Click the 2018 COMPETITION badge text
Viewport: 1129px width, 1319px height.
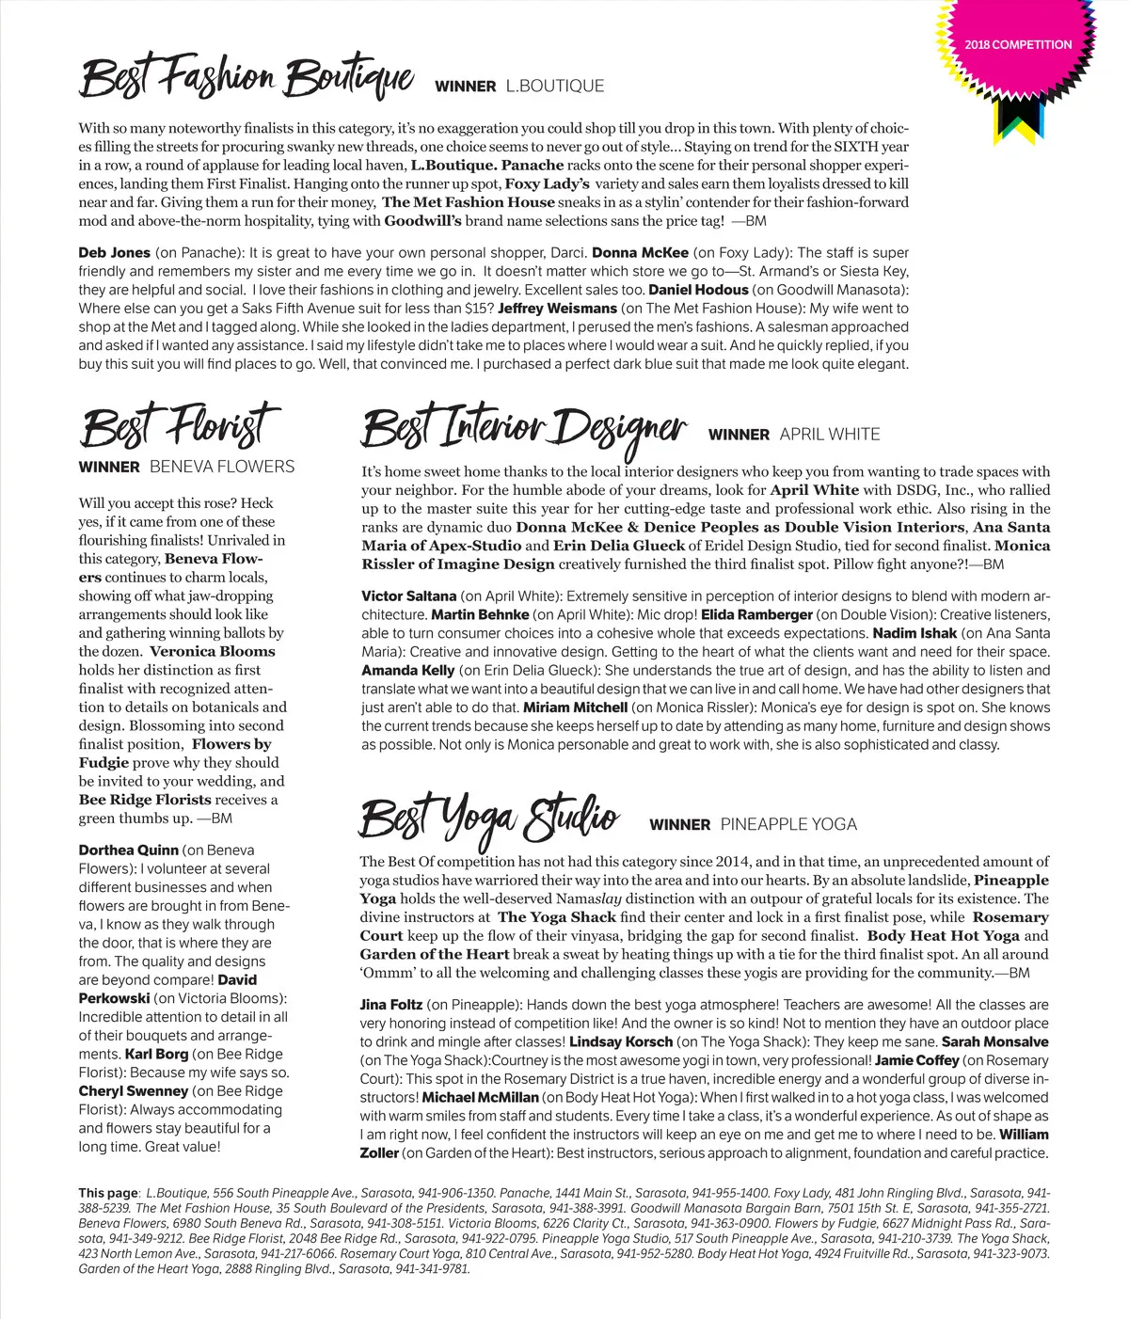[1018, 44]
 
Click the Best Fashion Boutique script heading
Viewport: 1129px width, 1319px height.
[246, 78]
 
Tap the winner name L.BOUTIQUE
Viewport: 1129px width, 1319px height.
[555, 86]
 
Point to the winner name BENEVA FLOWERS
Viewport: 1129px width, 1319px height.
[222, 467]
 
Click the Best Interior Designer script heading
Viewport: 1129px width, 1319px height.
[524, 428]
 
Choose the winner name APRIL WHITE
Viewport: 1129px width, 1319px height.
[830, 435]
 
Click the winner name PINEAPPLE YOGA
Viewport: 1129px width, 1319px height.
[788, 825]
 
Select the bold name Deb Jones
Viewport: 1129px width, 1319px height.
[114, 253]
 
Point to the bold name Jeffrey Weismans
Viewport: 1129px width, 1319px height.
[557, 309]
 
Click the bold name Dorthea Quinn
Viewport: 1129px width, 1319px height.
[128, 850]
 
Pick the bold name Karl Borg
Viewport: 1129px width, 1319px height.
[156, 1055]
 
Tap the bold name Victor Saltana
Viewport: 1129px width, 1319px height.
[408, 596]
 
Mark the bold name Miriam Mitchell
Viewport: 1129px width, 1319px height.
[575, 707]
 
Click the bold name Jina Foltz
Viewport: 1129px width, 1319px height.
[390, 1005]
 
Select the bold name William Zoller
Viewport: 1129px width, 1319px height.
[1024, 1135]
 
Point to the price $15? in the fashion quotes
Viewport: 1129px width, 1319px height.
[479, 309]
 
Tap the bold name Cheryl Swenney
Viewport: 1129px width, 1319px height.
[133, 1091]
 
